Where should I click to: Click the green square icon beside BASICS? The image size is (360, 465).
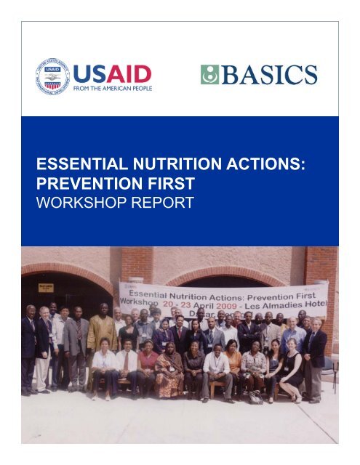coord(209,74)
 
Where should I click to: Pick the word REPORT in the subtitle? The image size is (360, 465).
coord(164,203)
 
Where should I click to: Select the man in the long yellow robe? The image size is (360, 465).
coord(102,338)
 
